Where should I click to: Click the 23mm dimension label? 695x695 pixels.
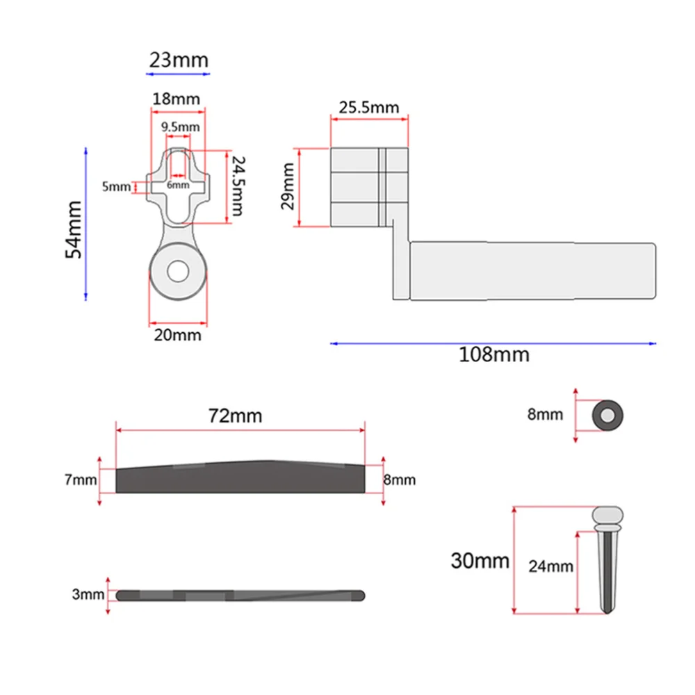point(179,60)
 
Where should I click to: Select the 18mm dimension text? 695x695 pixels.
point(176,99)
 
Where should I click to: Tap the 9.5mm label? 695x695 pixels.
point(180,127)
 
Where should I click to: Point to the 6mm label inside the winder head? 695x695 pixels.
point(178,185)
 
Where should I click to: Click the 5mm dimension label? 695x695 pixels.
point(116,186)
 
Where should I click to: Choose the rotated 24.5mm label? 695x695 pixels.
point(238,186)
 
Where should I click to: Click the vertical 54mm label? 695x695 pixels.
point(74,229)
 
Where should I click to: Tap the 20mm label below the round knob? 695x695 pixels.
point(177,335)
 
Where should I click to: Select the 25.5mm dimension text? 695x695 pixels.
point(369,107)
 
